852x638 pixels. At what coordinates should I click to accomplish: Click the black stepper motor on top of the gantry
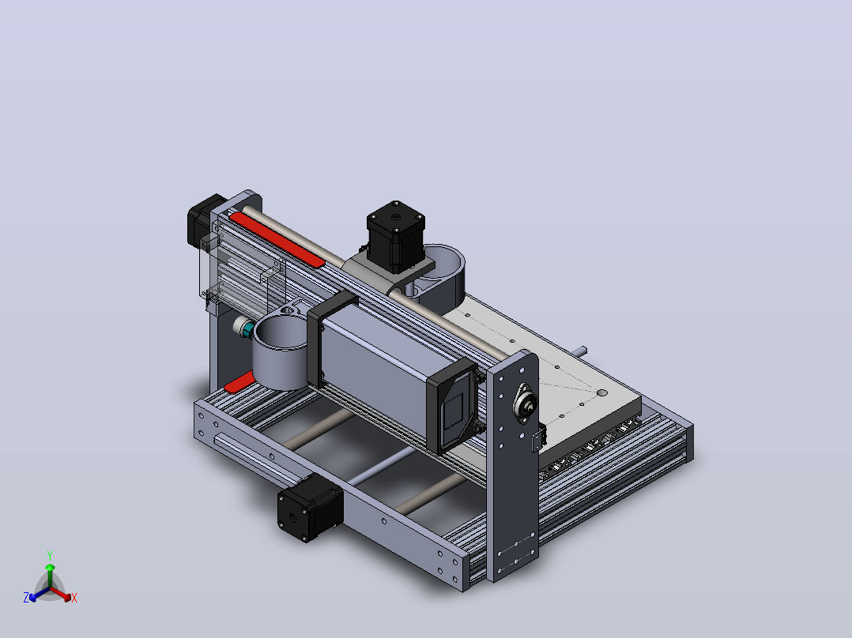[x=395, y=236]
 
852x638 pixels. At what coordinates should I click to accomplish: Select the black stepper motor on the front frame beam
[x=310, y=508]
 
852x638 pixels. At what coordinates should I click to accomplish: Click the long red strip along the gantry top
[x=277, y=239]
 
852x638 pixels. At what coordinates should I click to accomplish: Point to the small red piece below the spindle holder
[x=239, y=382]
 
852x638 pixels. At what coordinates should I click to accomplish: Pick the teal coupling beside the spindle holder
[x=248, y=329]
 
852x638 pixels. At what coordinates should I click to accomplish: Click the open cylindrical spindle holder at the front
[x=281, y=353]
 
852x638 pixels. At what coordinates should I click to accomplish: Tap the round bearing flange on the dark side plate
[x=526, y=403]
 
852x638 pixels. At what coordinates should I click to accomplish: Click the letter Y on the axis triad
[x=50, y=555]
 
